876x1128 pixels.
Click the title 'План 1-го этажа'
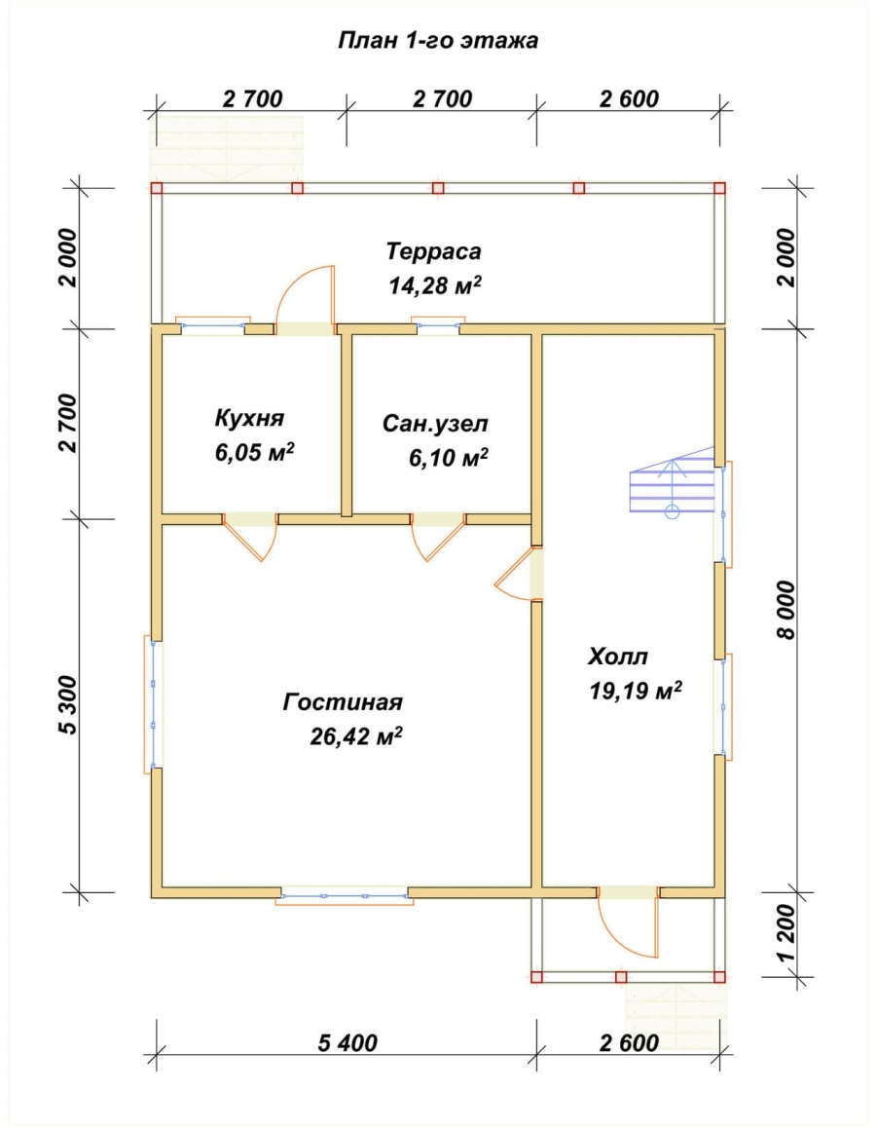click(438, 40)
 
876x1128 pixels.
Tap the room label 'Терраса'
click(433, 251)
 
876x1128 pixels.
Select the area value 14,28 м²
click(435, 285)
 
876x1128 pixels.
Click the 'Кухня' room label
click(249, 418)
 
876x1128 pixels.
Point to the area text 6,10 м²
click(449, 457)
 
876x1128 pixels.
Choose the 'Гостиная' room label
click(343, 701)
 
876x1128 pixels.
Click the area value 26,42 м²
click(355, 736)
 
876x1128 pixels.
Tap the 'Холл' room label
click(618, 657)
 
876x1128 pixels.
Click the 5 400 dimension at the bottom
click(347, 1042)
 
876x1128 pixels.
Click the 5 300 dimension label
click(67, 705)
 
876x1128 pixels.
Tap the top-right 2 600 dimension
click(629, 98)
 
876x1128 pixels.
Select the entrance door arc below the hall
click(627, 928)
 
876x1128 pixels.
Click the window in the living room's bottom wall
click(345, 896)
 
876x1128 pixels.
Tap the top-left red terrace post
click(157, 188)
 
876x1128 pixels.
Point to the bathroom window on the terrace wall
click(438, 325)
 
